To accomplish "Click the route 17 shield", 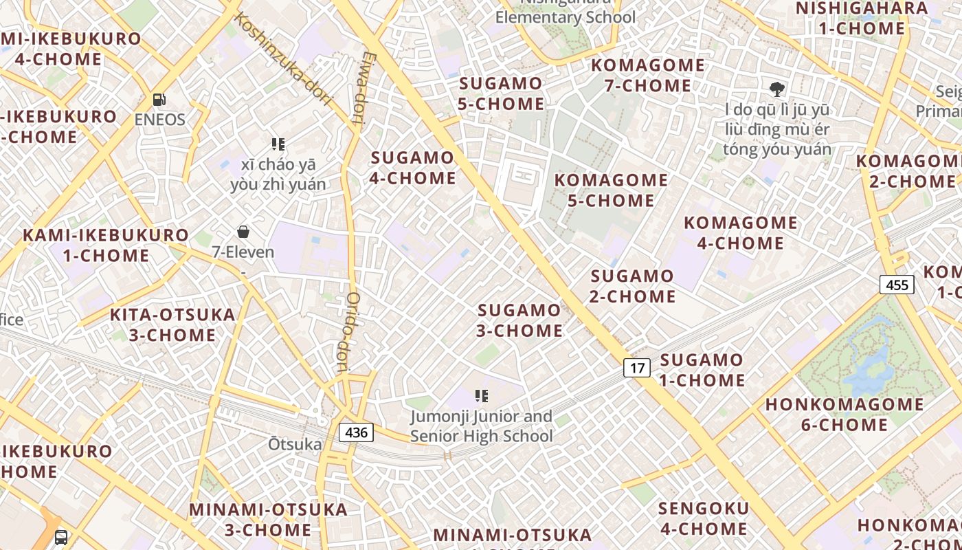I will coord(637,368).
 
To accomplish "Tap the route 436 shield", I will coord(356,432).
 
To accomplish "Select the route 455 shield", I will coord(897,285).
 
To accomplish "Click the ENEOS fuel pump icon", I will coord(159,100).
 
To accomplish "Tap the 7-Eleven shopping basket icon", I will coord(243,232).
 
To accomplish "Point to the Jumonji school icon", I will coord(482,396).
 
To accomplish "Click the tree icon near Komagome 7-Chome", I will coord(777,89).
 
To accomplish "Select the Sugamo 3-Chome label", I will coord(520,320).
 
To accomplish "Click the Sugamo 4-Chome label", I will coord(413,168).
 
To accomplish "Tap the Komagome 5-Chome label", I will coord(611,190).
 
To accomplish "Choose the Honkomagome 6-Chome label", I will coord(844,415).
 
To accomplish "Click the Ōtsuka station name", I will coord(295,445).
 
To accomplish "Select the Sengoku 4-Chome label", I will coord(703,518).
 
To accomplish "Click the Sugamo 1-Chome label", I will coord(702,370).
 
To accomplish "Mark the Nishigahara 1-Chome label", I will coord(862,19).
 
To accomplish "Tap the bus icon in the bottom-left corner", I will coord(61,537).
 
